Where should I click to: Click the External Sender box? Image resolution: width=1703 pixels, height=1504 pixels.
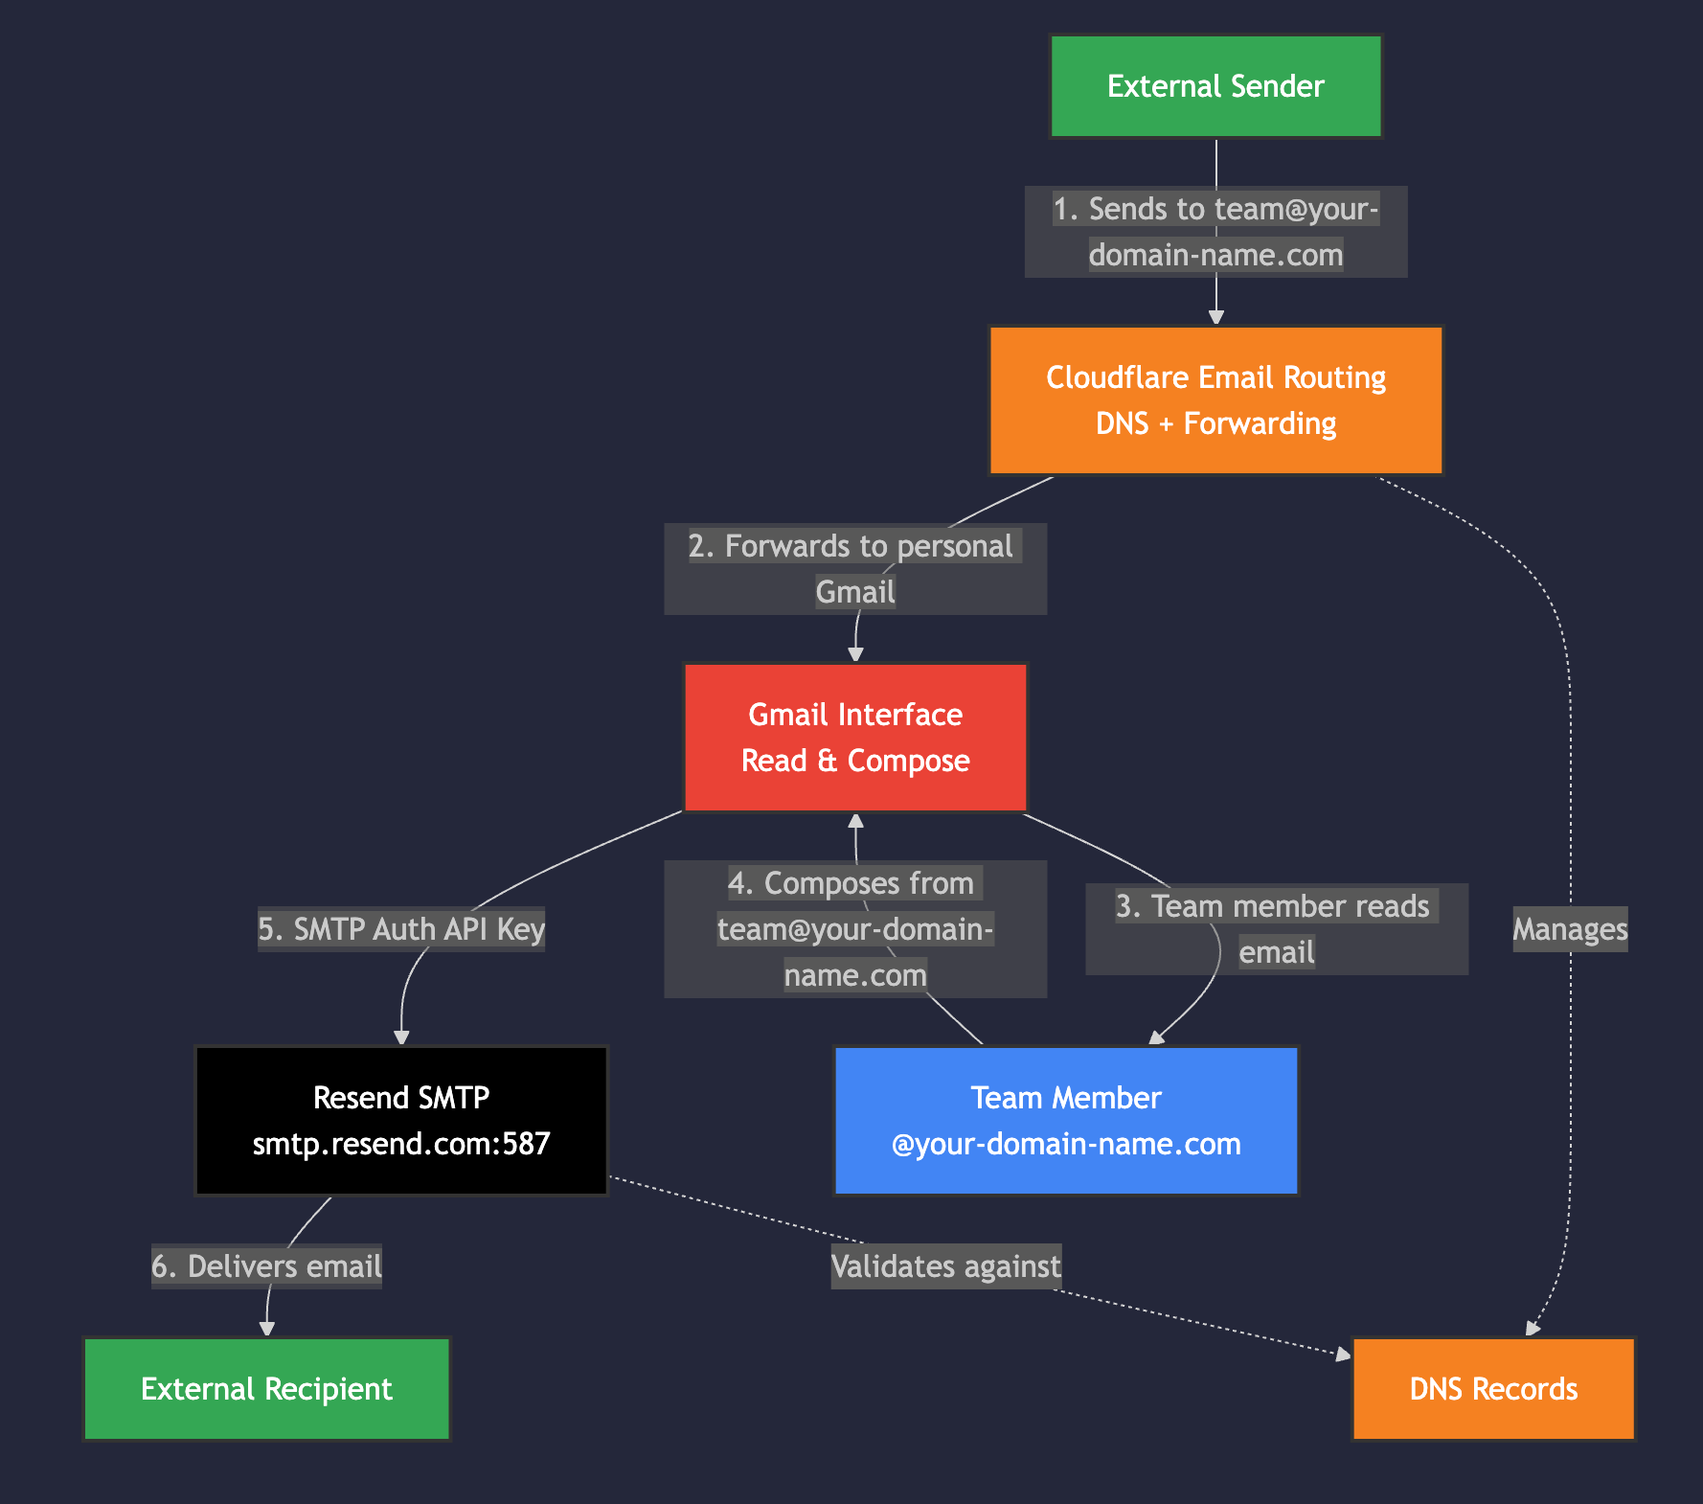point(1215,86)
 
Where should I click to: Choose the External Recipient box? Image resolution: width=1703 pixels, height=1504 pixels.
point(266,1389)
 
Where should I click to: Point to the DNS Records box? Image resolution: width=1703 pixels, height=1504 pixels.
point(1493,1389)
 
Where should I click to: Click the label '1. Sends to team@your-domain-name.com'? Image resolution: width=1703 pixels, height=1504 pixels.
point(1215,232)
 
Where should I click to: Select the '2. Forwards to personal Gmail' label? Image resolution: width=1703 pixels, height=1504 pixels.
point(855,568)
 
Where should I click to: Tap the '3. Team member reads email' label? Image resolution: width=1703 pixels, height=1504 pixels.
point(1276,928)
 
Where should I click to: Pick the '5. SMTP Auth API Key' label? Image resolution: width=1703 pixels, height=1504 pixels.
point(401,929)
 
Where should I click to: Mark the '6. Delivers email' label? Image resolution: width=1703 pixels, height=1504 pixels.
point(266,1266)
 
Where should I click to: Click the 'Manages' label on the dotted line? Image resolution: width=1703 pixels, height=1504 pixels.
point(1570,929)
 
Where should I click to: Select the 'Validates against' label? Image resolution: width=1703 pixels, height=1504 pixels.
point(945,1266)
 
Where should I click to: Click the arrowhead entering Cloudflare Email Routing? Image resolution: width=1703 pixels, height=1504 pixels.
point(1216,317)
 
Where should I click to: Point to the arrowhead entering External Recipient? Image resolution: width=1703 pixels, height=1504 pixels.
point(267,1328)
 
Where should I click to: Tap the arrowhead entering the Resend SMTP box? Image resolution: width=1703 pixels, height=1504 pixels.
point(402,1037)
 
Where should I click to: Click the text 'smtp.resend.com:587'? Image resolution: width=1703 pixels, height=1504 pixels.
point(401,1144)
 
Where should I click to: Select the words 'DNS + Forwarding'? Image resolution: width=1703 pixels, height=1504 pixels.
point(1215,423)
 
